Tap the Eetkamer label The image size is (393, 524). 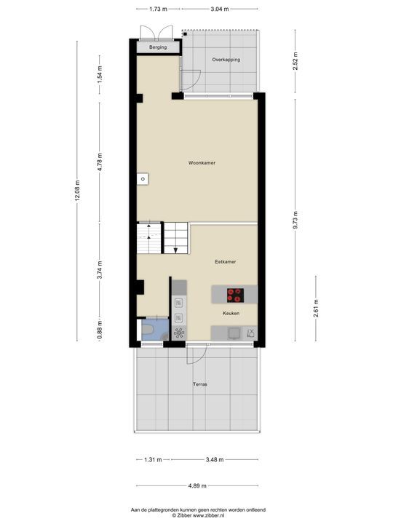click(225, 261)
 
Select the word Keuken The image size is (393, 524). click(231, 313)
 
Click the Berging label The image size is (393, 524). click(158, 47)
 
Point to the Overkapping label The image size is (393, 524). click(226, 60)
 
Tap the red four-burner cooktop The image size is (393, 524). click(236, 295)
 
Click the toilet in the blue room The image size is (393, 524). click(148, 332)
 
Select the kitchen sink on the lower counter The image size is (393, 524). click(233, 333)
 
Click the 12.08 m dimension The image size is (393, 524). click(78, 191)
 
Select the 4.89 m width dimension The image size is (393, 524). click(196, 486)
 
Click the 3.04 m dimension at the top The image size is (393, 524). click(219, 9)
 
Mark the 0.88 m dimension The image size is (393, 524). click(100, 332)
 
